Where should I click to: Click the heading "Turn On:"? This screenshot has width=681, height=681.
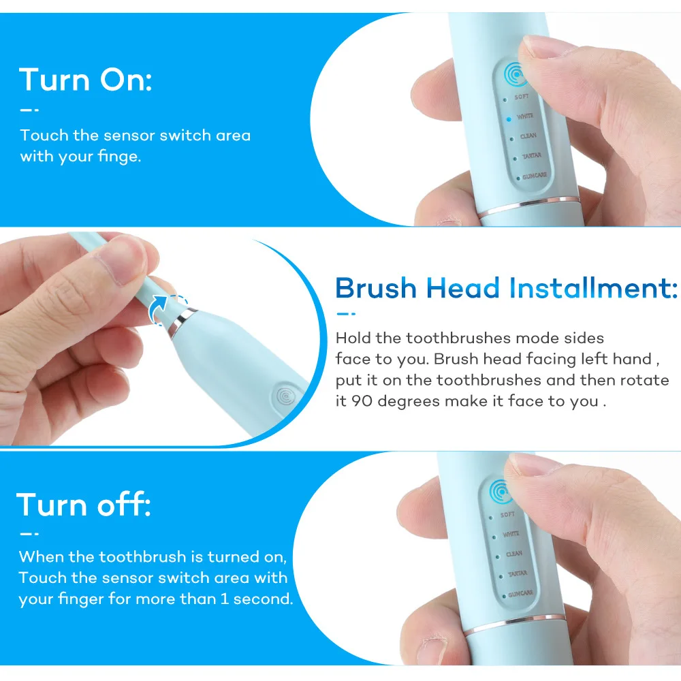coord(86,80)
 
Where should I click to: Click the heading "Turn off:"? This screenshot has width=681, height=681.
coord(84,505)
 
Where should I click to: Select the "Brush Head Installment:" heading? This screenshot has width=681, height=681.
coord(506,288)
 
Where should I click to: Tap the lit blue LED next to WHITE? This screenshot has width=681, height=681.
coord(507,118)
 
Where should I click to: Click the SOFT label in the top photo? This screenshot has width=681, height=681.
coord(522,97)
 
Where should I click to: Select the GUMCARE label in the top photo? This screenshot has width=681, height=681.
coord(533,176)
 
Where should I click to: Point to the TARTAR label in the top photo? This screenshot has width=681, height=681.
coord(530,156)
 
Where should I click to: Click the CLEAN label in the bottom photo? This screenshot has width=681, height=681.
coord(513,554)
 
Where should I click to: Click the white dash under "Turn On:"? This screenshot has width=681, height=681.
coord(29,109)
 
